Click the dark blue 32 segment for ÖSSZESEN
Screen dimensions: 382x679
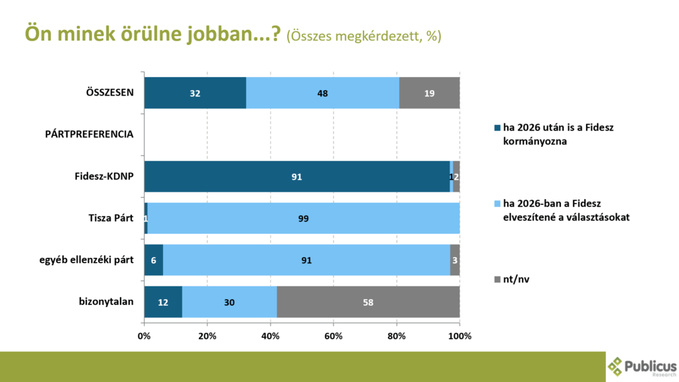click(195, 93)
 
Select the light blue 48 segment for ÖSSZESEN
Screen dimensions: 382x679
click(322, 93)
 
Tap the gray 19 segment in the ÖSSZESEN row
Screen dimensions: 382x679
click(429, 93)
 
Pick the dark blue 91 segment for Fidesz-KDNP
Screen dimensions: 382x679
click(296, 176)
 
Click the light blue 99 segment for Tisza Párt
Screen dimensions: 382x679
click(304, 218)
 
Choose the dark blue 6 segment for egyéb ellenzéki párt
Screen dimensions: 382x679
click(153, 260)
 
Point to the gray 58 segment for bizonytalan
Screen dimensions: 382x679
click(368, 302)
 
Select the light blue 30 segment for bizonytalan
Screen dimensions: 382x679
click(229, 302)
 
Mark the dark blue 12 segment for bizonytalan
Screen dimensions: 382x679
click(163, 302)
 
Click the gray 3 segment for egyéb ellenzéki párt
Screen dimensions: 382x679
click(455, 260)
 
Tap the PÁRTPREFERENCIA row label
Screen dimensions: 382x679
click(90, 134)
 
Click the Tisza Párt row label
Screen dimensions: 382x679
click(111, 218)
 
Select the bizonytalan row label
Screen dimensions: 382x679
click(106, 301)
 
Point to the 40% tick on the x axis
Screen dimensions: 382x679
click(271, 336)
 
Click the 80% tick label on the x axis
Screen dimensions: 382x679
click(397, 336)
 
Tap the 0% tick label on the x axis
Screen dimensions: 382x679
click(144, 336)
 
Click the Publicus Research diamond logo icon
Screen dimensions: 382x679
click(617, 366)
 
